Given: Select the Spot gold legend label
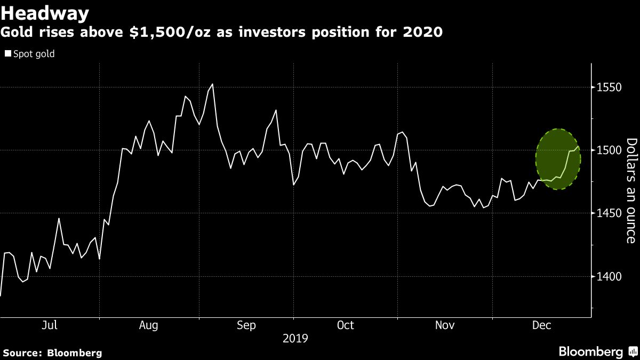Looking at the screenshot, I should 34,54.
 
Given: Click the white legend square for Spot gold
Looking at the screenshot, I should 7,54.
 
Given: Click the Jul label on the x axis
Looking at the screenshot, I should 49,325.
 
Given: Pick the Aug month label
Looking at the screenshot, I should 149,325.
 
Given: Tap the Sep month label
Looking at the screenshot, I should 246,325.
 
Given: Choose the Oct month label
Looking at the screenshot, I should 345,325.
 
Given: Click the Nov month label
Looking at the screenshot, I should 445,325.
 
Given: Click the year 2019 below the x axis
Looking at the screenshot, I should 295,338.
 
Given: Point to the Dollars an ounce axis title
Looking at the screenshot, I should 631,190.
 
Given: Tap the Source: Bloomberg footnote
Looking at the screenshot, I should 52,353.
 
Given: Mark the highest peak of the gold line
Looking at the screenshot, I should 213,84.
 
